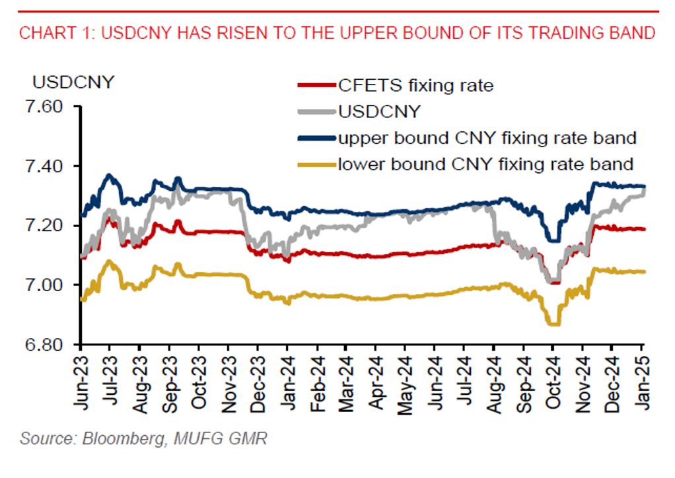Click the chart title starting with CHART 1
click(x=337, y=33)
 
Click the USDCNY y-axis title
click(x=73, y=83)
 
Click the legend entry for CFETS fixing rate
click(x=415, y=85)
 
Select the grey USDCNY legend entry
click(x=378, y=112)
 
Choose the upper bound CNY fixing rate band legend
click(x=487, y=138)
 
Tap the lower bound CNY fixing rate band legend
click(x=485, y=163)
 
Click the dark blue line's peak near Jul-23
click(x=110, y=176)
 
